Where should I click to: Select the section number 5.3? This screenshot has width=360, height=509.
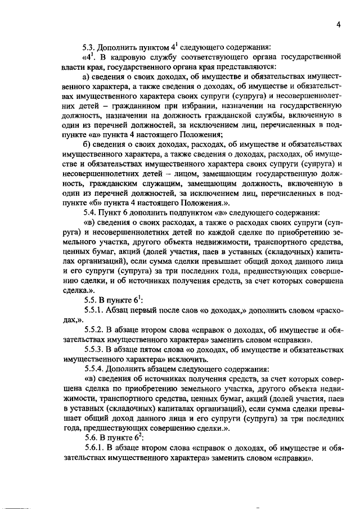pyautogui.click(x=90, y=47)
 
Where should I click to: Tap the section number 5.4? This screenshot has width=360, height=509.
pyautogui.click(x=90, y=213)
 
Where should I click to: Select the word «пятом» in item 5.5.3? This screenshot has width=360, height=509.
pyautogui.click(x=149, y=350)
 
